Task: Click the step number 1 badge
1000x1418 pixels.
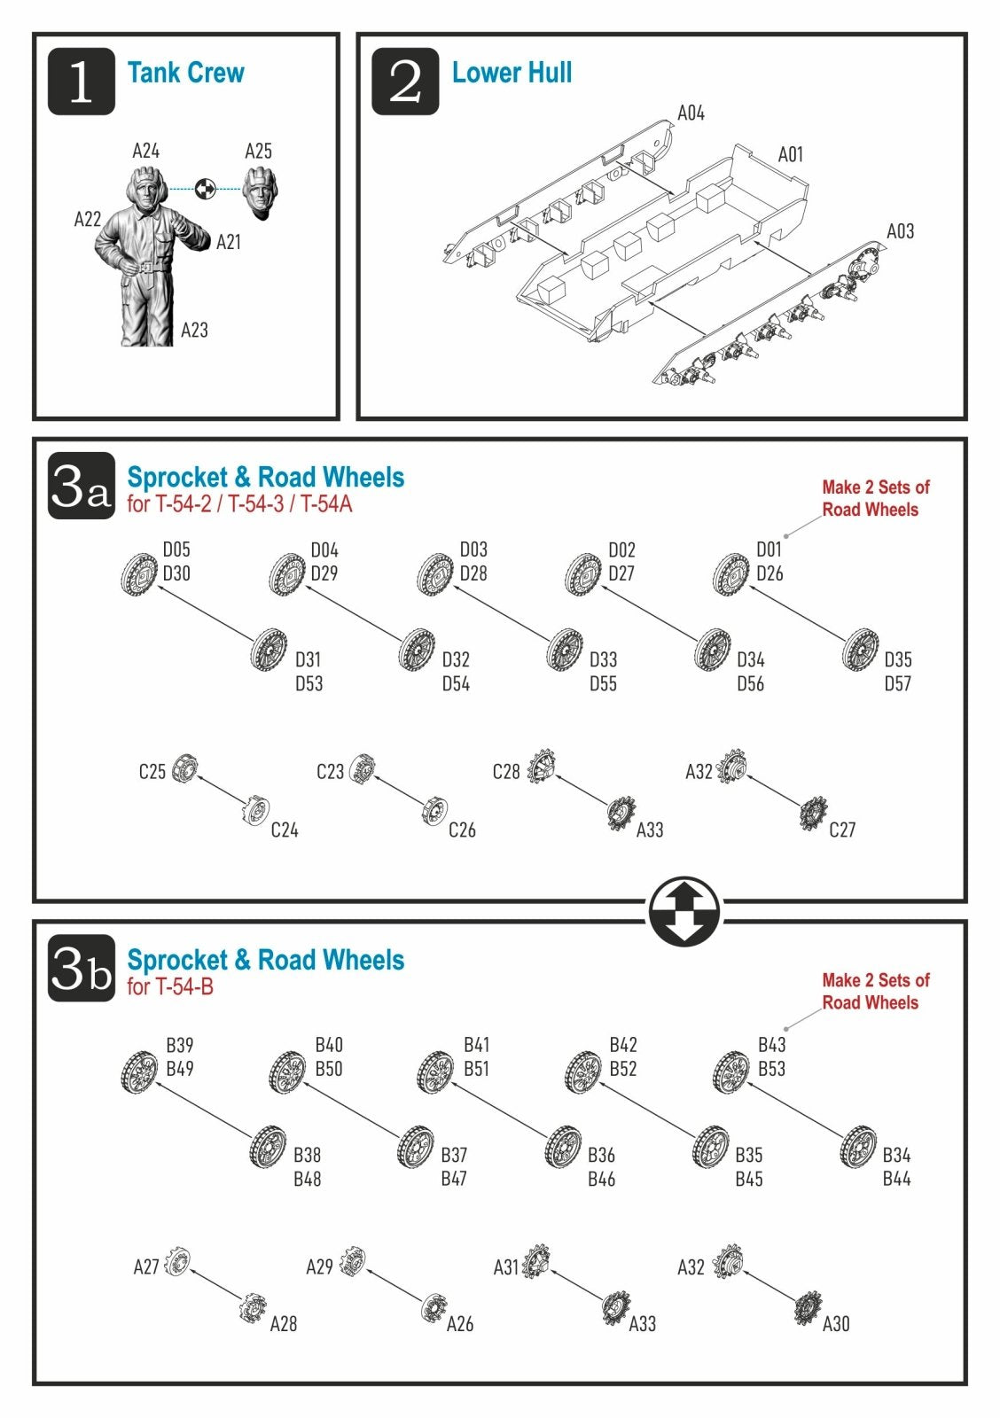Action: pos(81,81)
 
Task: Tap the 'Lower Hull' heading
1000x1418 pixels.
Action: pos(512,72)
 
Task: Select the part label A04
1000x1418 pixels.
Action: pos(691,113)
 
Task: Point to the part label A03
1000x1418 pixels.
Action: pos(900,231)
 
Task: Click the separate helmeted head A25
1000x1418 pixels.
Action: pos(260,192)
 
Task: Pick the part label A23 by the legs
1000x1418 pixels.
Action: pos(194,330)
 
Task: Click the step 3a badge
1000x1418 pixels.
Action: pos(81,486)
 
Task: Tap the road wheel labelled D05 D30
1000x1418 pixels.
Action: pos(139,573)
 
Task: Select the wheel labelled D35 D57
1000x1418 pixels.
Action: pos(861,650)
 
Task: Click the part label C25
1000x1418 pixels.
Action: pos(152,772)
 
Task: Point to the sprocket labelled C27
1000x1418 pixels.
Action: pos(813,814)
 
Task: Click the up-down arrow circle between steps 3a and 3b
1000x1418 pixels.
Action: pos(684,911)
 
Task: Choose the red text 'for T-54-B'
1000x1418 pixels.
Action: pos(169,986)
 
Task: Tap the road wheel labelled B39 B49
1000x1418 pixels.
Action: pos(139,1071)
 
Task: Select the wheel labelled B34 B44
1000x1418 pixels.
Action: pos(859,1147)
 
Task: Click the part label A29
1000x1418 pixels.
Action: pos(319,1266)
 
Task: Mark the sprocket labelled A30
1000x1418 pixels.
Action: pos(808,1308)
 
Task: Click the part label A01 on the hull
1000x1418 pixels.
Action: pos(791,154)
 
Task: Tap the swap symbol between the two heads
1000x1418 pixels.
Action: pos(205,189)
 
